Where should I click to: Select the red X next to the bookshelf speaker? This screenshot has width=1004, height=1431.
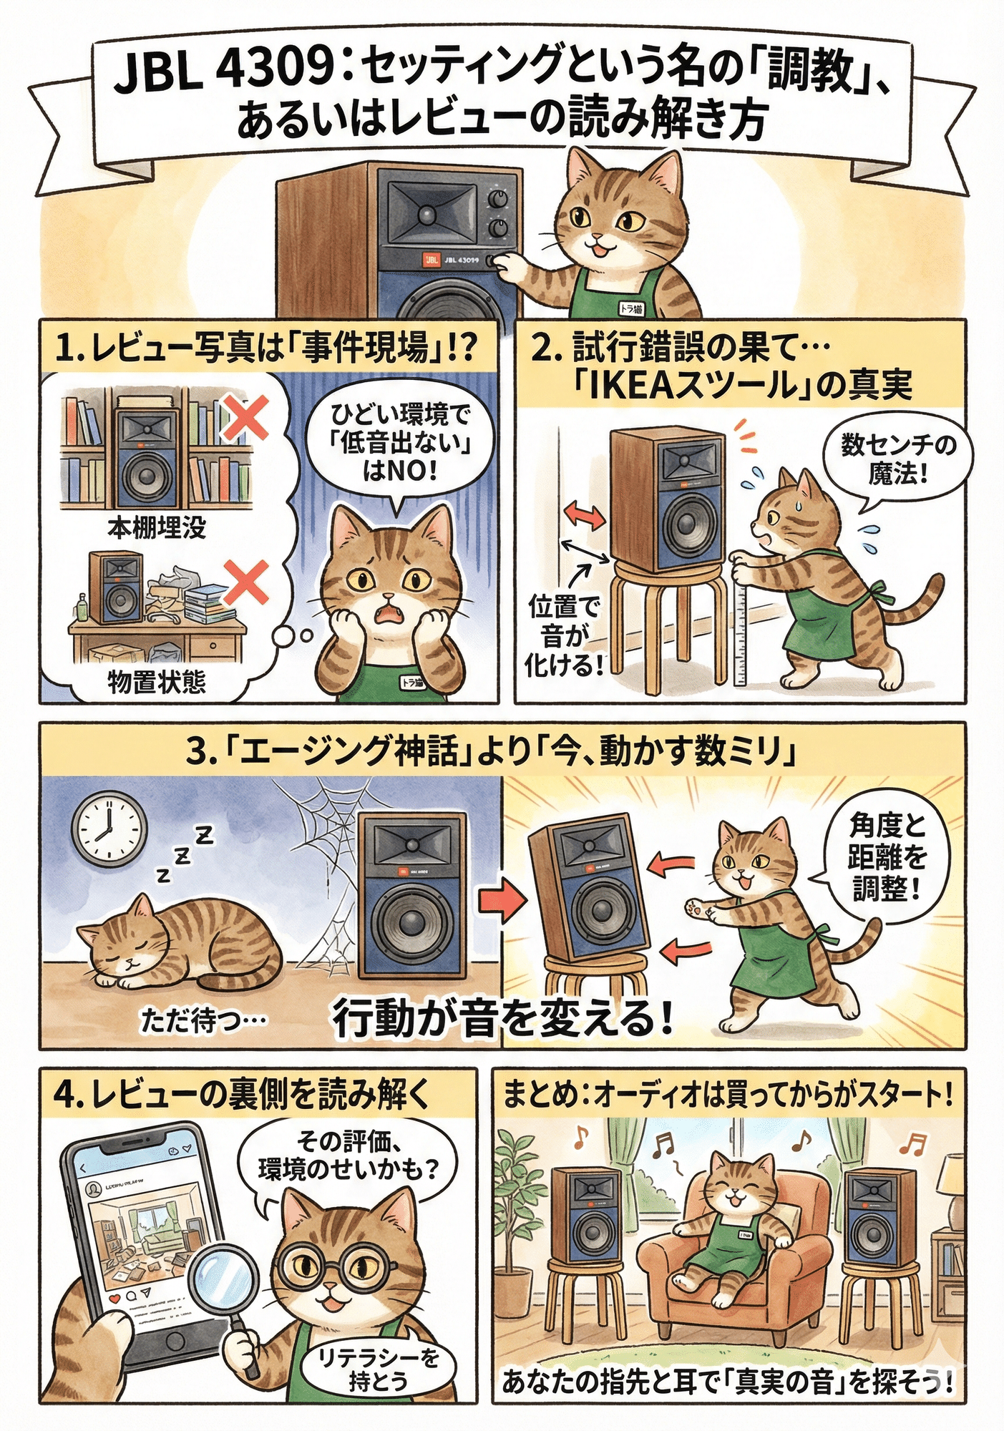pos(245,418)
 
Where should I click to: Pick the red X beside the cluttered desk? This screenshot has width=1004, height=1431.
pos(245,582)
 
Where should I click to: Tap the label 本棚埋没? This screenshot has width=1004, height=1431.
pos(157,528)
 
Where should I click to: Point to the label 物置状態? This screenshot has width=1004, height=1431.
pos(157,681)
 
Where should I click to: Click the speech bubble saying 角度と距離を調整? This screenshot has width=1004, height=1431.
pos(887,858)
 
